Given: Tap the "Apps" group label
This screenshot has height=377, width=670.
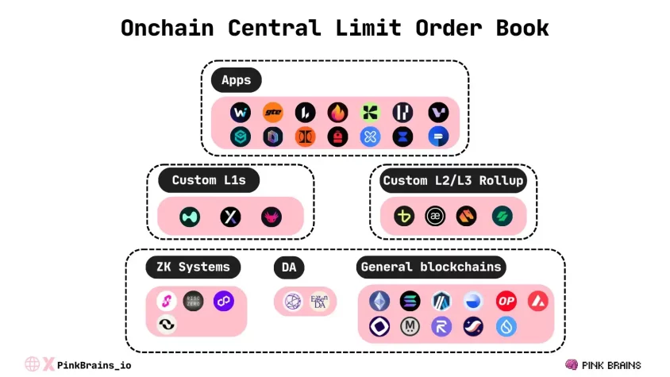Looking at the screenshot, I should click(236, 80).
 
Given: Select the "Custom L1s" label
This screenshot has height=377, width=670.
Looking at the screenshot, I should click(209, 180).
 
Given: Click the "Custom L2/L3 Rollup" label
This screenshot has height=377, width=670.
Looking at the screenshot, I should click(452, 180).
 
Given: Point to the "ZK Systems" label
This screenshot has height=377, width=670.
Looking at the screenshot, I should click(193, 267).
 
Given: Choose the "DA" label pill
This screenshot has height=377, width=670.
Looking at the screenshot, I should click(289, 267).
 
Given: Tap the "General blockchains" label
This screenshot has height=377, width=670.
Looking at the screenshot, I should click(431, 267).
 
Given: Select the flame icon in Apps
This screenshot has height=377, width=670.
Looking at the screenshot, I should click(337, 113).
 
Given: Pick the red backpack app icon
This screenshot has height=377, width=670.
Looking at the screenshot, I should click(337, 137).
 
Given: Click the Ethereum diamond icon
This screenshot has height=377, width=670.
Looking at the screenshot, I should click(379, 302).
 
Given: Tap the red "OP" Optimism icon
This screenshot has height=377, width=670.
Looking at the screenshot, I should click(506, 302).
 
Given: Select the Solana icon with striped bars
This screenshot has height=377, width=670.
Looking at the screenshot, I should click(410, 302).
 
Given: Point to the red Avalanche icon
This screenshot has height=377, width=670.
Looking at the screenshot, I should click(538, 302).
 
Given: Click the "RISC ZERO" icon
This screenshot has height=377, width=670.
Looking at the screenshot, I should click(193, 301).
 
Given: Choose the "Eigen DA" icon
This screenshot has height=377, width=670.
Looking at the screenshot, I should click(319, 302).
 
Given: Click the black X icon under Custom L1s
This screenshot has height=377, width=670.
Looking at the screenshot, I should click(230, 217).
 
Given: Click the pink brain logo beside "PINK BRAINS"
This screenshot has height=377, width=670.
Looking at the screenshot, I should click(571, 364).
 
